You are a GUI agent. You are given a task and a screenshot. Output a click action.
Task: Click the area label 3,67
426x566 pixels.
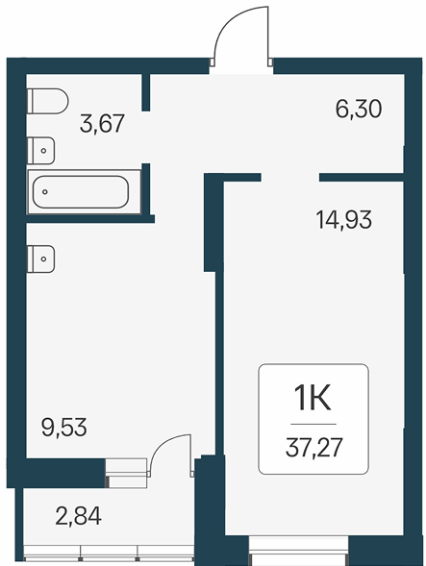102,123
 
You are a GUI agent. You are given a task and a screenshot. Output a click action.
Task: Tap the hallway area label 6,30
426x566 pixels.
359,109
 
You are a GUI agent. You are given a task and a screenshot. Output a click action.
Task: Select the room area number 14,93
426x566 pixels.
344,220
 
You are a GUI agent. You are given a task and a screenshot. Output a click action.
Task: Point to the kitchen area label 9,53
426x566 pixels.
64,428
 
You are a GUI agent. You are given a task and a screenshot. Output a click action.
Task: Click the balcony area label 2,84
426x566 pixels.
79,515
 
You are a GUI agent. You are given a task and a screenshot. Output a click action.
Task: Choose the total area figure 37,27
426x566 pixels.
314,448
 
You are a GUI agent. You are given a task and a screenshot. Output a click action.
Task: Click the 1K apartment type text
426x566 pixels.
313,398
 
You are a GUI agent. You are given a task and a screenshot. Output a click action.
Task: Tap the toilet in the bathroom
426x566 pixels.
48,101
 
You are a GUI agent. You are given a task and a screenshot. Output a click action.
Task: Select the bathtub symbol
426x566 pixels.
85,191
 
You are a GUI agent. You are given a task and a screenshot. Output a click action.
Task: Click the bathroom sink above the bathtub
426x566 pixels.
40,151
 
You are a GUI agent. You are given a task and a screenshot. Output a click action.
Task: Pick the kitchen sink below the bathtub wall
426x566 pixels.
40,258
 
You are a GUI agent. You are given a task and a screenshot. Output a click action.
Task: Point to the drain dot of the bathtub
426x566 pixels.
45,191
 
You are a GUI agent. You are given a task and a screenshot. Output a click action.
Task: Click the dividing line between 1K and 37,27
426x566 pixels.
313,424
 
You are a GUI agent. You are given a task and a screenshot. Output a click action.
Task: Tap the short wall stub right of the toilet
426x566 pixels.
145,92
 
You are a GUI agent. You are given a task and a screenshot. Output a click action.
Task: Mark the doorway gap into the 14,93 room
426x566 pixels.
290,177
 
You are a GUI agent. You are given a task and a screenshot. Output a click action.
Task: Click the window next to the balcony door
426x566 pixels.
126,473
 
